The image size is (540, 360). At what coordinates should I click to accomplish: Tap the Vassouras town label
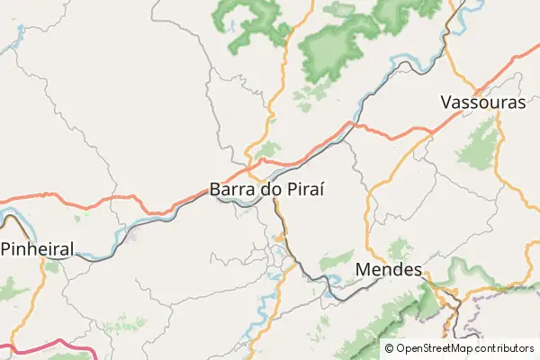click(483, 103)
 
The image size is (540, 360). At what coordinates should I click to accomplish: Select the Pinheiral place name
click(37, 248)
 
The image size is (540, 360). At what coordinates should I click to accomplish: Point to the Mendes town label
click(389, 270)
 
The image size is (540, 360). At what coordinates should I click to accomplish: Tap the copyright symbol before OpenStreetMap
click(390, 348)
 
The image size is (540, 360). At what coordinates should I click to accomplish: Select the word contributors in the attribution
click(505, 348)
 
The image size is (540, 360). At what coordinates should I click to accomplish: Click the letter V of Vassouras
click(446, 103)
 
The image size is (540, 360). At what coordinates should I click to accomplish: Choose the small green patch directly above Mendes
click(397, 247)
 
